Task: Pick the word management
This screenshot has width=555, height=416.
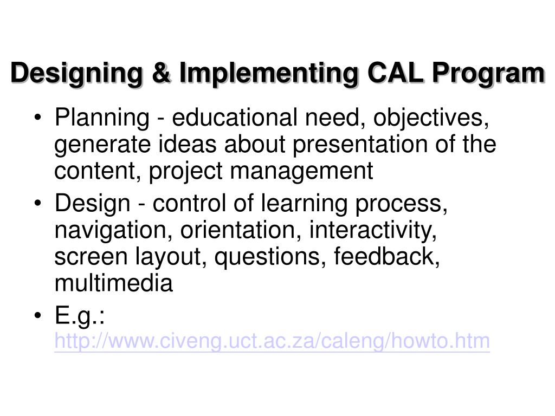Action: (x=302, y=172)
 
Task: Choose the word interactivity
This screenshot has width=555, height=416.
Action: (x=373, y=231)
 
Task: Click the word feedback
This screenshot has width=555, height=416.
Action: (x=386, y=257)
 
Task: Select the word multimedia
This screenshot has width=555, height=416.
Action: (x=114, y=283)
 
